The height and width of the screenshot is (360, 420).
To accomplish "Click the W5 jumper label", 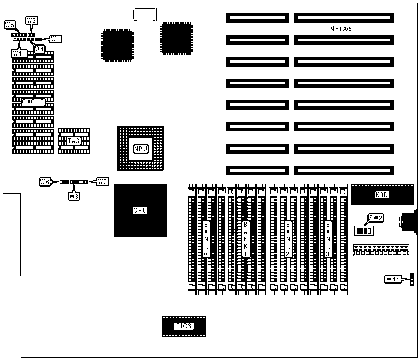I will pos(9,24).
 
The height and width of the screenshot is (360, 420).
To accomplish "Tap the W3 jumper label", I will pos(31,20).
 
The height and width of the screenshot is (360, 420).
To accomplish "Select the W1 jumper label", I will pos(56,38).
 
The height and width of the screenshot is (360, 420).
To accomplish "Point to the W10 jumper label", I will pos(19,52).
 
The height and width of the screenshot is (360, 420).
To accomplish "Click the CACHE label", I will pos(34,102).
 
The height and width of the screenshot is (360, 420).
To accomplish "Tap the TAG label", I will pos(74,141).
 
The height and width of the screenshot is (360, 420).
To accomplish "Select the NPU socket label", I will pos(140,149).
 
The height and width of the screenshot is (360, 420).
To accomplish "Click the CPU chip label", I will pos(140,210).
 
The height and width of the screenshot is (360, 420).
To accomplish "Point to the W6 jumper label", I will pos(45,182).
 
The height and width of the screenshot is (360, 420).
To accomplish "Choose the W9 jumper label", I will pos(103,181).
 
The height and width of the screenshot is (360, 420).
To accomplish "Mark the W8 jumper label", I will pos(74,196).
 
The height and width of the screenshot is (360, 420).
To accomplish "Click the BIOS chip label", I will pos(184,326).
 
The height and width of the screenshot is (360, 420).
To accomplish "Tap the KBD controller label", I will pos(382,195).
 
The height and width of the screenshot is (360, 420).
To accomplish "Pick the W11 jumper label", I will pos(393,280).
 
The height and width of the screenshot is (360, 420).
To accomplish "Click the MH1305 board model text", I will pos(341,29).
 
